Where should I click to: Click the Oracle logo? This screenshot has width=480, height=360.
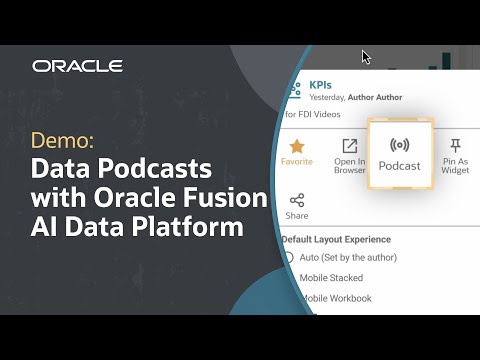[77, 66]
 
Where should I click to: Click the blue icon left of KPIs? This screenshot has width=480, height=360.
[295, 91]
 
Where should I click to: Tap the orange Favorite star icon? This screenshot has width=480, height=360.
[296, 145]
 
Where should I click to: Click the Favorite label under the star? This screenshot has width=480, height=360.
[296, 162]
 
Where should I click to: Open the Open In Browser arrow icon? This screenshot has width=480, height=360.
[350, 146]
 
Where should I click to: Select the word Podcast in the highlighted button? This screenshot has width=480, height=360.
[400, 165]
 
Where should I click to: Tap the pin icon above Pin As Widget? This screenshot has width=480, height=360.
[455, 146]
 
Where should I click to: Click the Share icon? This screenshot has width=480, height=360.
[297, 200]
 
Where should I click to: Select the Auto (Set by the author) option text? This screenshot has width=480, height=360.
[348, 258]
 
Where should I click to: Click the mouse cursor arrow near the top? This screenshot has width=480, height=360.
[366, 57]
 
